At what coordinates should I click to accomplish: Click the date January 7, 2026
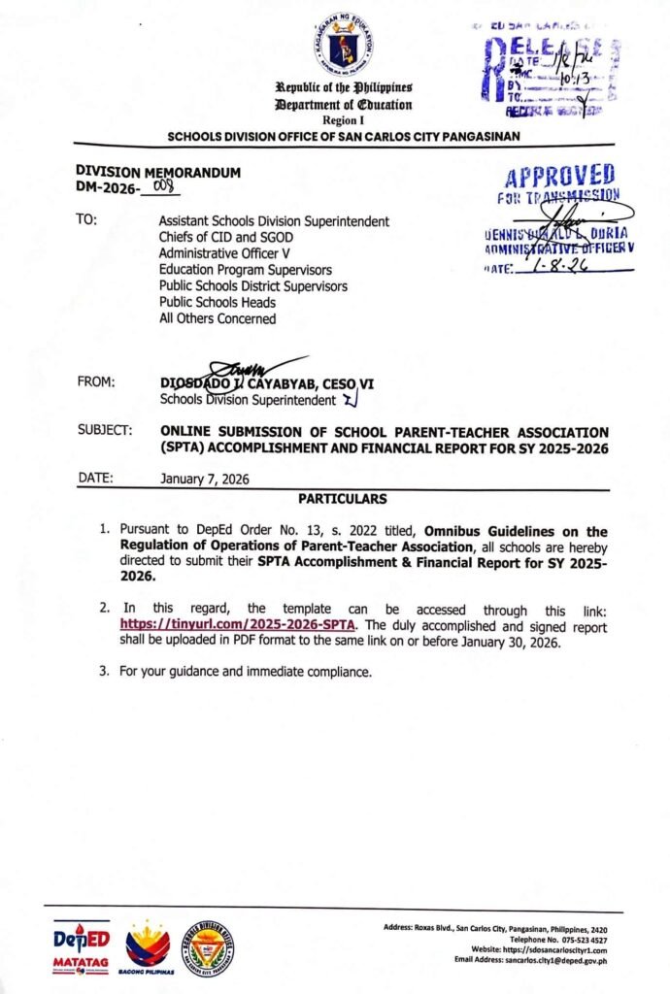click(205, 479)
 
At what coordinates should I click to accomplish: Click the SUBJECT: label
click(105, 431)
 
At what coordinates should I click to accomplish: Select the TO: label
click(86, 220)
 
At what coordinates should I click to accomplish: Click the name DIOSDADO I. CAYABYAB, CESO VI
click(266, 384)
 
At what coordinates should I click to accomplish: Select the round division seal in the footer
click(209, 947)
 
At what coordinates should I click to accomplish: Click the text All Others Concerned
click(218, 318)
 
